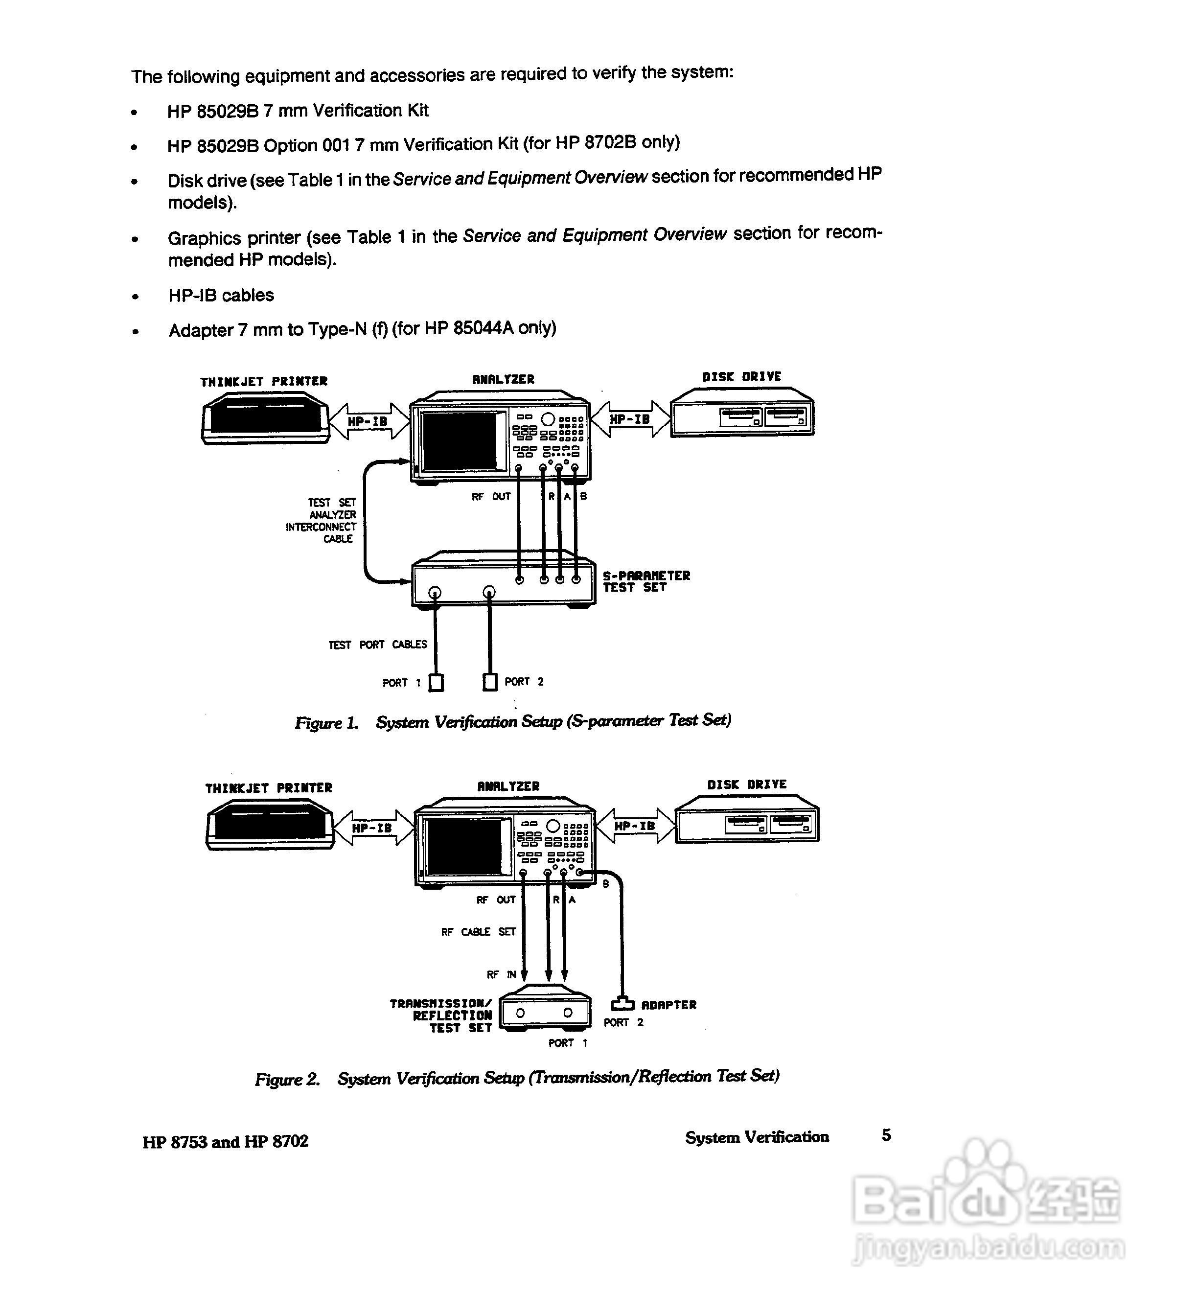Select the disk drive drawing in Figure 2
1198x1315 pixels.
(x=747, y=825)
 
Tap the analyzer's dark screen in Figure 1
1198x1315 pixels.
(x=459, y=441)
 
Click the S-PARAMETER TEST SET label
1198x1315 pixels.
(x=645, y=581)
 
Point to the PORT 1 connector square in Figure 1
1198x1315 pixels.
(x=437, y=682)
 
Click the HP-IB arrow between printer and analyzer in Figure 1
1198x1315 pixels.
(x=369, y=421)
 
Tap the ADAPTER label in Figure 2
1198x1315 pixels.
(x=668, y=1005)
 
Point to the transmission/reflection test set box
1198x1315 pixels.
(x=545, y=1013)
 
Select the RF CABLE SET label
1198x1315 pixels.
(x=478, y=931)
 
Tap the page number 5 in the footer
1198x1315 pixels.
(x=886, y=1135)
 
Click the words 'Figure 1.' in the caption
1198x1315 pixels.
(x=327, y=723)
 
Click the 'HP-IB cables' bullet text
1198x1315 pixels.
(x=221, y=296)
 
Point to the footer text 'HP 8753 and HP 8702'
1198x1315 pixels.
(x=225, y=1141)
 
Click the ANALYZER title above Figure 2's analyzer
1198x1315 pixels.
(x=508, y=786)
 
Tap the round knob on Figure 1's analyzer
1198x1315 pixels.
(x=548, y=419)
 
